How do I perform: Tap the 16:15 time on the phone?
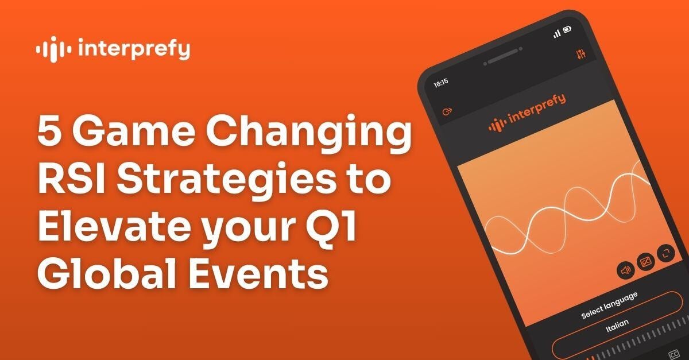440,83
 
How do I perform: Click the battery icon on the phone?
567,29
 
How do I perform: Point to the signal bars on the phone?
556,34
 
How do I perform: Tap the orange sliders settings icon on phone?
580,54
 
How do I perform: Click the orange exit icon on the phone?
448,111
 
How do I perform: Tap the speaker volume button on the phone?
625,269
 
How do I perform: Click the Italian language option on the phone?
617,323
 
